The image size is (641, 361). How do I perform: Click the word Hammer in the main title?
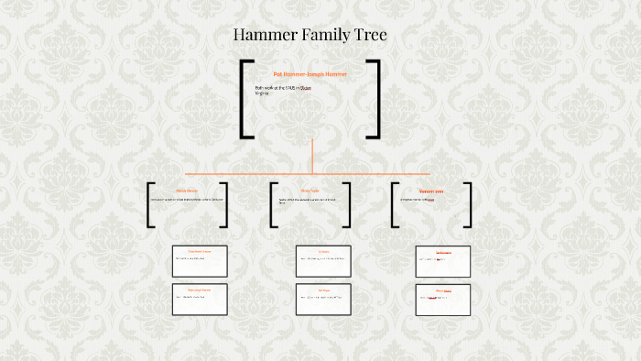click(265, 36)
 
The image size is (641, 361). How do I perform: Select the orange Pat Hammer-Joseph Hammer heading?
click(310, 73)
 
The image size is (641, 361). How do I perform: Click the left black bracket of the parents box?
click(244, 99)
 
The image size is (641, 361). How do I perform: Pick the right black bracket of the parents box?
click(375, 99)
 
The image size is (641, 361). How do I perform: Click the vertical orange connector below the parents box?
click(311, 156)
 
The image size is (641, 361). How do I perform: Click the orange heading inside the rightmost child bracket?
click(431, 191)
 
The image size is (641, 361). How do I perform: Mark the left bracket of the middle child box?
click(274, 205)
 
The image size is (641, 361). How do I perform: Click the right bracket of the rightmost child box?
click(468, 205)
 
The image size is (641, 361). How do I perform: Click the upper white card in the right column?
click(443, 261)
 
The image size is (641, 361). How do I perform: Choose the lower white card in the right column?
click(443, 300)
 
